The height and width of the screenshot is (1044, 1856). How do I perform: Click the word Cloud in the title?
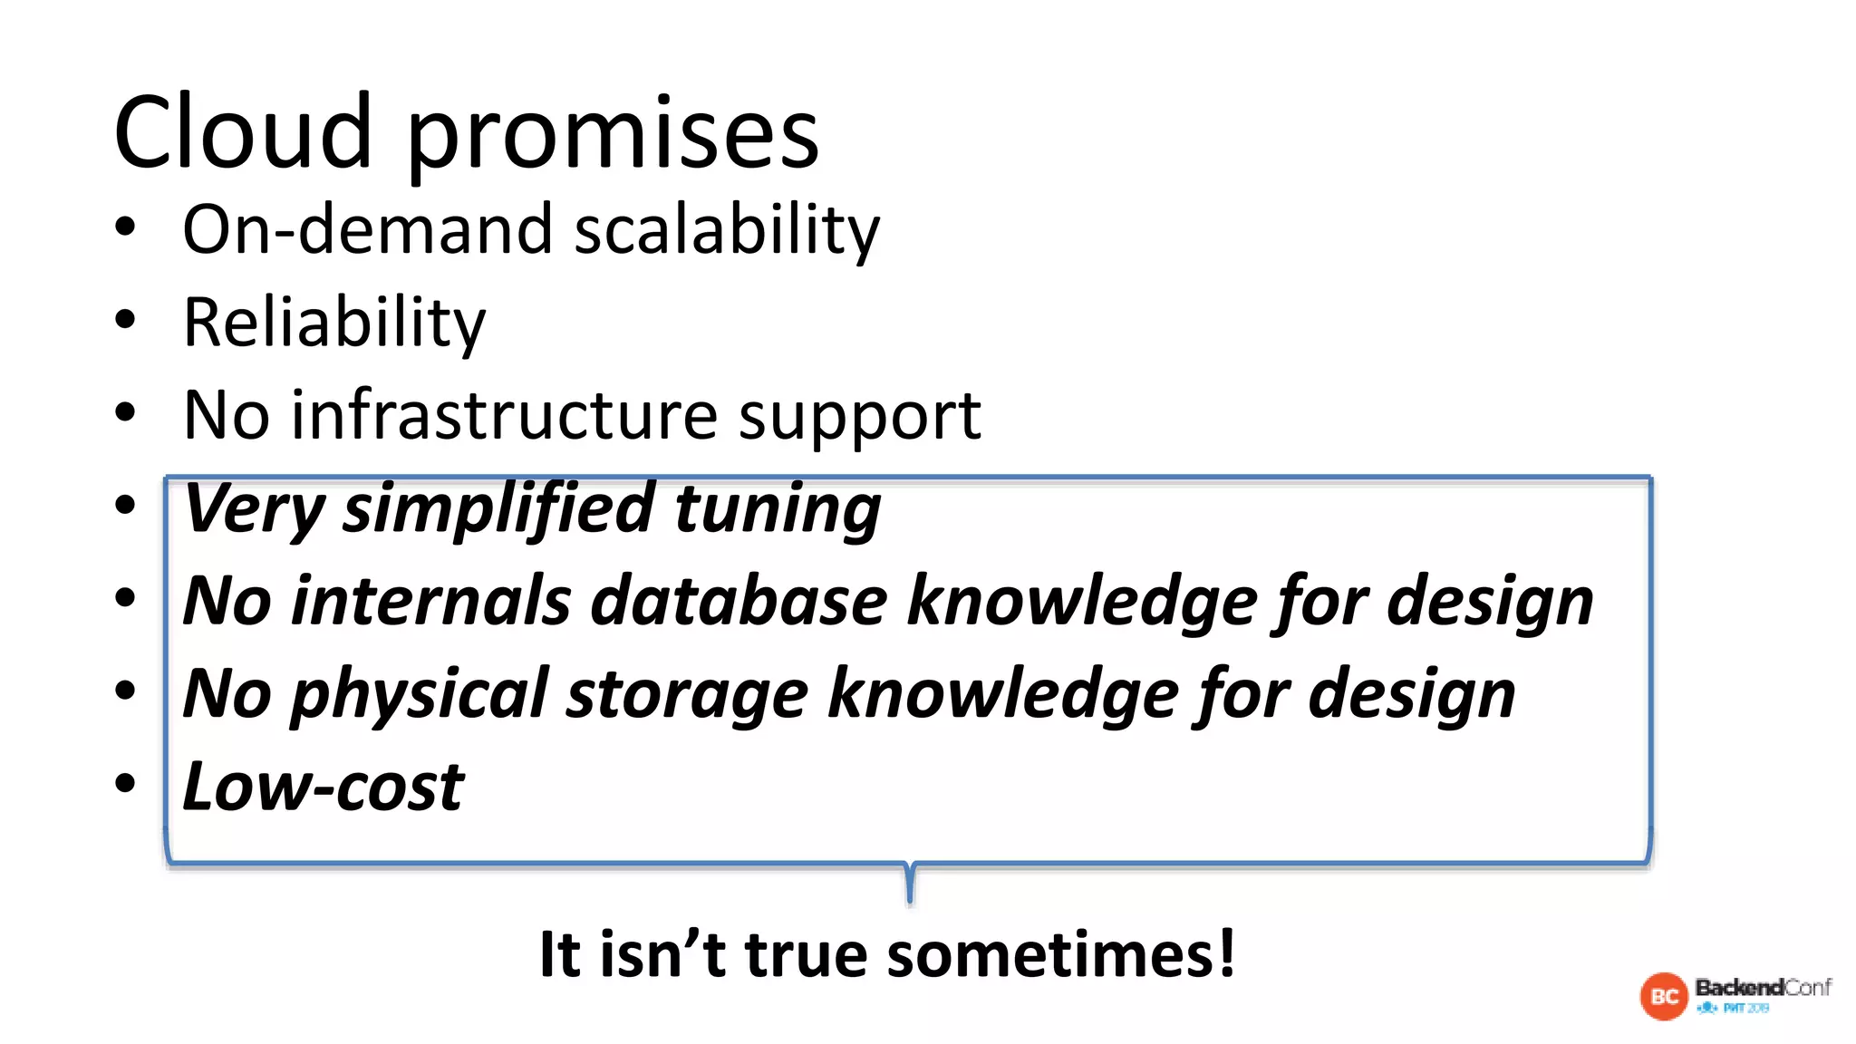point(242,133)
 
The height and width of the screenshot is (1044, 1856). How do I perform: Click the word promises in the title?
point(613,136)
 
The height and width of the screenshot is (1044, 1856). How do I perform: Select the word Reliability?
point(333,323)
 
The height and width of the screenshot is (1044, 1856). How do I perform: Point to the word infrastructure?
point(505,416)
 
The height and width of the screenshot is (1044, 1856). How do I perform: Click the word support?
point(859,418)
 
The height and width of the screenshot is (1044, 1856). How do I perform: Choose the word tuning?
point(778,509)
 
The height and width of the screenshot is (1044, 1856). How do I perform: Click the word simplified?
point(498,509)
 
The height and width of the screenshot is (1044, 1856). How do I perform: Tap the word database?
point(739,601)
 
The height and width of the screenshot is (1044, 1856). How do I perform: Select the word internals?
point(430,601)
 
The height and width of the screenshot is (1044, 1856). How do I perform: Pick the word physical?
point(420,695)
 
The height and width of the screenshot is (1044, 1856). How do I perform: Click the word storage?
point(686,695)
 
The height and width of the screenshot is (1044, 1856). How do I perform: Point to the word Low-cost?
point(323,786)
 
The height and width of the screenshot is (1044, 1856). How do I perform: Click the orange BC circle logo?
point(1664,996)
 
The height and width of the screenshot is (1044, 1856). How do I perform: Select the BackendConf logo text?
point(1763,987)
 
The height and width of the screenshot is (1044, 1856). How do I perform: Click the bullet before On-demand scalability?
point(125,227)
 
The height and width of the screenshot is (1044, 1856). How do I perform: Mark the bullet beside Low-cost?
point(125,783)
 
